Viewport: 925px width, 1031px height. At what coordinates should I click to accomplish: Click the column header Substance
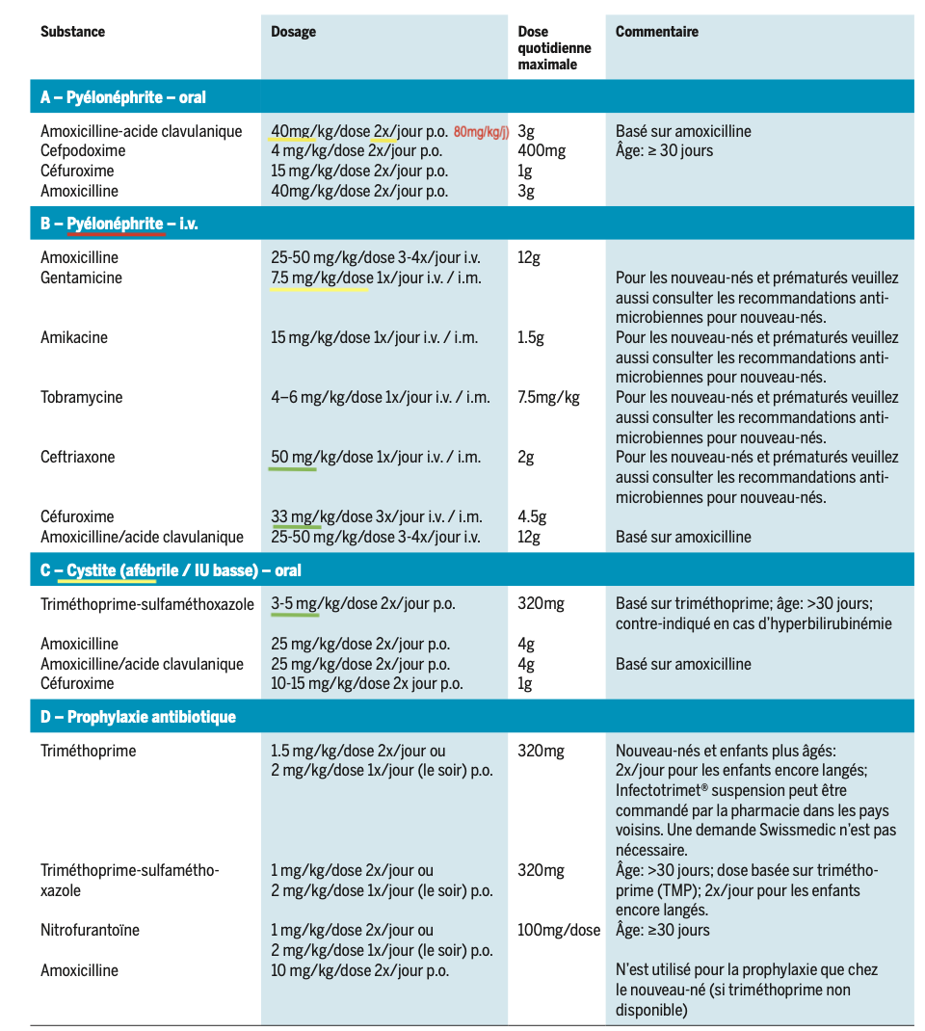point(72,32)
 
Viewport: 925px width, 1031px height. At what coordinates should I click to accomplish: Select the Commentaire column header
point(656,32)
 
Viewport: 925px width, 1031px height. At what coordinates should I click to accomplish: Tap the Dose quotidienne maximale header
point(554,48)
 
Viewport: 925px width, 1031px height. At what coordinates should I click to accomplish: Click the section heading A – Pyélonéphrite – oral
point(122,97)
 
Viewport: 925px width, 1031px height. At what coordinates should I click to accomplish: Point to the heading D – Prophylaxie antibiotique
point(138,717)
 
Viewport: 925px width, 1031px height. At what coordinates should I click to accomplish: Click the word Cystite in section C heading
point(92,570)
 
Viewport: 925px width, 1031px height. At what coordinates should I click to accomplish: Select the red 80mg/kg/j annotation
point(482,132)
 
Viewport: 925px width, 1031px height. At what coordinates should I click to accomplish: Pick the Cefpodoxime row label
point(83,151)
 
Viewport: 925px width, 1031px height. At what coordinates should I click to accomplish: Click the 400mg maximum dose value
point(542,151)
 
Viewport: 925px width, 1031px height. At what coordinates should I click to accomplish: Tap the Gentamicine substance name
point(81,278)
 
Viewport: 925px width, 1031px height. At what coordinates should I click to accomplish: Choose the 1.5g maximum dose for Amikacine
point(531,338)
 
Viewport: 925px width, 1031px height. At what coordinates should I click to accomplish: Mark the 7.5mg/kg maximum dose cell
point(548,398)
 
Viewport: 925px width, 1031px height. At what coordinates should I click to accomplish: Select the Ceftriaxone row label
point(77,458)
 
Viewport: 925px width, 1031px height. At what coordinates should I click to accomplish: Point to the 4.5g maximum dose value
point(531,517)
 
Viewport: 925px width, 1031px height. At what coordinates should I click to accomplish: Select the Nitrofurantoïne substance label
point(90,931)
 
